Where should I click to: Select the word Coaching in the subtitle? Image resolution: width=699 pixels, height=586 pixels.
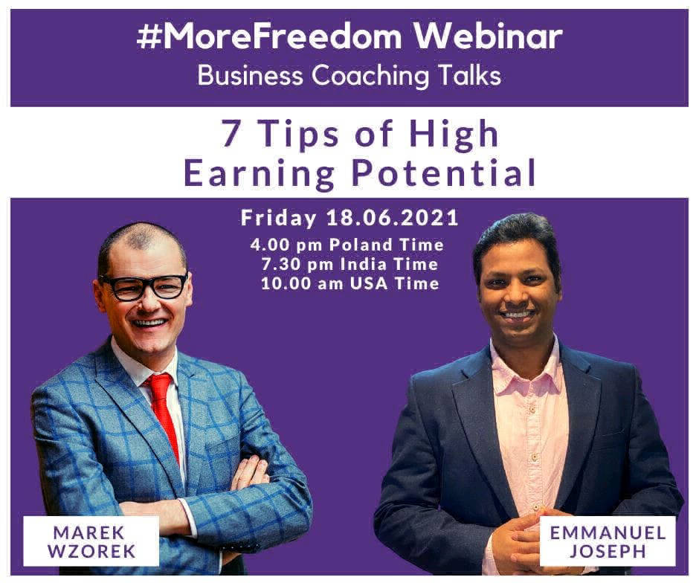pyautogui.click(x=370, y=76)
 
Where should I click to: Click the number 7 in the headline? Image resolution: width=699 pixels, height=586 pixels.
pyautogui.click(x=231, y=133)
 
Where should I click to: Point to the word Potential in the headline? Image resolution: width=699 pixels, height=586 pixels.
pyautogui.click(x=443, y=173)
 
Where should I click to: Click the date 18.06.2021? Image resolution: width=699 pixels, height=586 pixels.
pyautogui.click(x=393, y=218)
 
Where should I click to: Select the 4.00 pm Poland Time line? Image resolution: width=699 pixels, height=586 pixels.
pyautogui.click(x=347, y=245)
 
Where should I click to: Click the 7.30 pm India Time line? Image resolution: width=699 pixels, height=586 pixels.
pyautogui.click(x=349, y=264)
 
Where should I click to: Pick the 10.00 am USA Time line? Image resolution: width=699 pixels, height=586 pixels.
pyautogui.click(x=350, y=283)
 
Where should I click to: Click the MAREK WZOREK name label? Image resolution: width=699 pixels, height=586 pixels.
pyautogui.click(x=91, y=541)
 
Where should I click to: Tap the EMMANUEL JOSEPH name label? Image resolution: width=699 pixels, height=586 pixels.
pyautogui.click(x=608, y=541)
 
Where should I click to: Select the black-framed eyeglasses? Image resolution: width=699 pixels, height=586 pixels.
pyautogui.click(x=144, y=286)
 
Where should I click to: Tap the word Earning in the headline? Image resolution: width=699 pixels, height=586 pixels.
pyautogui.click(x=259, y=174)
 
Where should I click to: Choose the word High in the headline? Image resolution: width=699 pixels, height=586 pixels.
pyautogui.click(x=454, y=134)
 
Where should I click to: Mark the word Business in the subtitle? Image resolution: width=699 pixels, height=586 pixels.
pyautogui.click(x=250, y=75)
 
